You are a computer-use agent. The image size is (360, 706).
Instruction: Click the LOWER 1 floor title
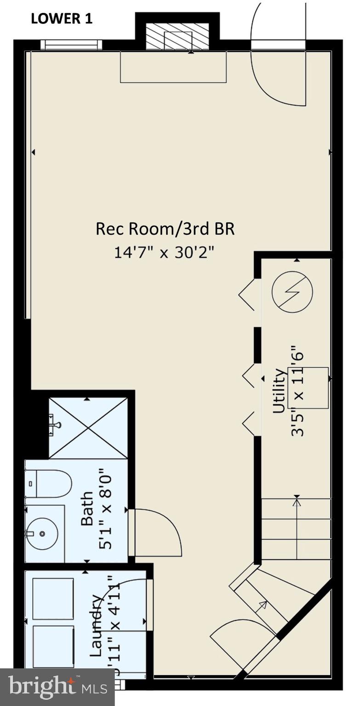62,19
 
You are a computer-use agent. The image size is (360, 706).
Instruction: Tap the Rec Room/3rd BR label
165,229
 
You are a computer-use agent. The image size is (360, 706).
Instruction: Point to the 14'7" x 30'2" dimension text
165,252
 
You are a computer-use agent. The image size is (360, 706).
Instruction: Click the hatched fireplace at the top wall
177,36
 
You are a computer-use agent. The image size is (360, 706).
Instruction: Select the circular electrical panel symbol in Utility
292,292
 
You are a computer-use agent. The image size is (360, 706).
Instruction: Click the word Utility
280,391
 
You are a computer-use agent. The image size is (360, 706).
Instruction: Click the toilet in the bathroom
49,484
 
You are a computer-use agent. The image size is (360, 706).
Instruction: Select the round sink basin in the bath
42,534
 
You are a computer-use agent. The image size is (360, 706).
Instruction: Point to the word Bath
87,508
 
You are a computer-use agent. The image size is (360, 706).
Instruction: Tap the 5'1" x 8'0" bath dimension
105,508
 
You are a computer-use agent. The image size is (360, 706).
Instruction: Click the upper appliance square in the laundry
53,598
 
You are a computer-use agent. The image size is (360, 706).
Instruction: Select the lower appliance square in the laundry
53,646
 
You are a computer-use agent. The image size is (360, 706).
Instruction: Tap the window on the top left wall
71,45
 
